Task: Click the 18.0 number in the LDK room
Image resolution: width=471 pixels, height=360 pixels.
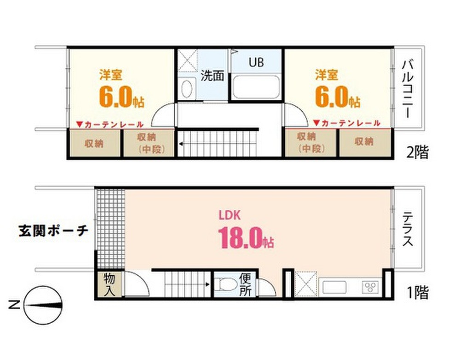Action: [x=240, y=238]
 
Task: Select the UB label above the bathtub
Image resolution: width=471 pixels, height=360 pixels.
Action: [x=256, y=62]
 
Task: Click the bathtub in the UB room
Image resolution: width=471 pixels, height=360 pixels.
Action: [x=257, y=88]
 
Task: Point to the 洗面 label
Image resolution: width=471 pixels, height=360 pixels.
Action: [x=212, y=76]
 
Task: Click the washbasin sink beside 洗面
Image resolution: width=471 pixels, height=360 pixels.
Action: [x=187, y=88]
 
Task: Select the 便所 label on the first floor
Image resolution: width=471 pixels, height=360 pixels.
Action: [x=245, y=285]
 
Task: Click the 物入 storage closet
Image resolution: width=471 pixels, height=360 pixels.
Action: [x=109, y=285]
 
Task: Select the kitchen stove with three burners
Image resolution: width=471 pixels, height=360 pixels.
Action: [x=370, y=287]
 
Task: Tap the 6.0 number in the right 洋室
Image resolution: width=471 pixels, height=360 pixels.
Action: [x=331, y=96]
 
